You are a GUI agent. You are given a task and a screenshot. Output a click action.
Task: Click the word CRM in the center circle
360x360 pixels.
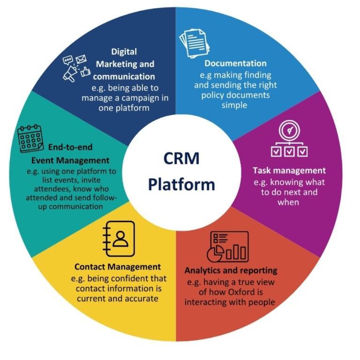click(181, 158)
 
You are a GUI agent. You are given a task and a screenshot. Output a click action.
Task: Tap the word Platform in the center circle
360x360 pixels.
click(181, 185)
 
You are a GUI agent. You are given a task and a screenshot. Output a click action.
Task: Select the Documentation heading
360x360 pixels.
click(235, 63)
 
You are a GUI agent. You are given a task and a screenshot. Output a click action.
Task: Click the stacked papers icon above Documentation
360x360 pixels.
click(195, 44)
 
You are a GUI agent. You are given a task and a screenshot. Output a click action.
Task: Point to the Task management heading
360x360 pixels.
click(289, 171)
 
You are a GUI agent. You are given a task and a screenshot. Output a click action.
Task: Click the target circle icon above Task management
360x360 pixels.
click(289, 130)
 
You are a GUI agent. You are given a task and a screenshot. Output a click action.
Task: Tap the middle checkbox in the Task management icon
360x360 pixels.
click(289, 151)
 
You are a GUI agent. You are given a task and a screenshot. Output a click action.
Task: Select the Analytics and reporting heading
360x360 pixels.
click(231, 270)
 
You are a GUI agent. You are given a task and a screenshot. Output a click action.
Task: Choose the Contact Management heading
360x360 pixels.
click(118, 267)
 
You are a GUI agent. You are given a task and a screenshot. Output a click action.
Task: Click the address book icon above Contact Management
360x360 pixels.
click(119, 239)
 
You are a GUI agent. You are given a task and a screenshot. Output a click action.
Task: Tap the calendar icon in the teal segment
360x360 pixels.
click(30, 139)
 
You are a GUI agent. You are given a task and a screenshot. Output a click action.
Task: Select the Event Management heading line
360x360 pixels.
click(70, 160)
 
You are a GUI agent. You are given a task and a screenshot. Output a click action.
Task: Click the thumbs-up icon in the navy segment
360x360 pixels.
click(85, 71)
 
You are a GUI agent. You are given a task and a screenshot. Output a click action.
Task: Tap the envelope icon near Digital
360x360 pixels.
click(81, 59)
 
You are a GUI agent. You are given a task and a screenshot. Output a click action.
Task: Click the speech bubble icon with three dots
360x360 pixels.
click(67, 60)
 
